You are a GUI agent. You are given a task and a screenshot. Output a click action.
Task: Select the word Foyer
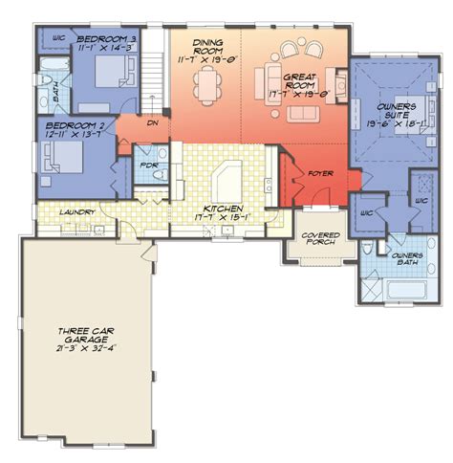click(318, 173)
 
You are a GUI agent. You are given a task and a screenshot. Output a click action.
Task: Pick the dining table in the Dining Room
click(207, 86)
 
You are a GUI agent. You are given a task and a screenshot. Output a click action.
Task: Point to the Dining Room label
click(207, 47)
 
